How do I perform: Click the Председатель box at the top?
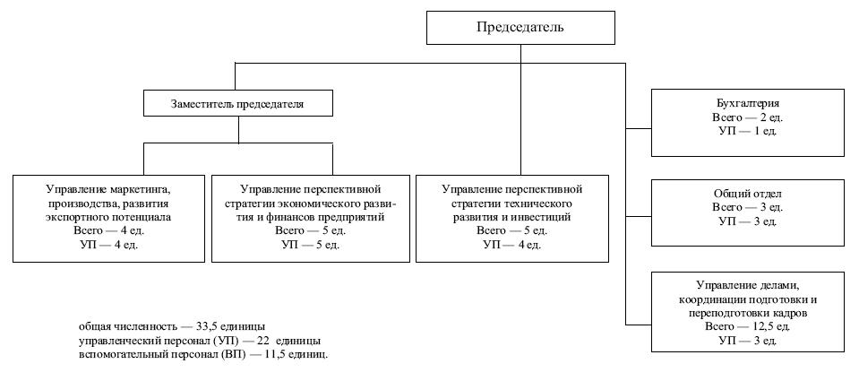520,28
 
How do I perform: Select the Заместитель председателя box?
238,104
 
